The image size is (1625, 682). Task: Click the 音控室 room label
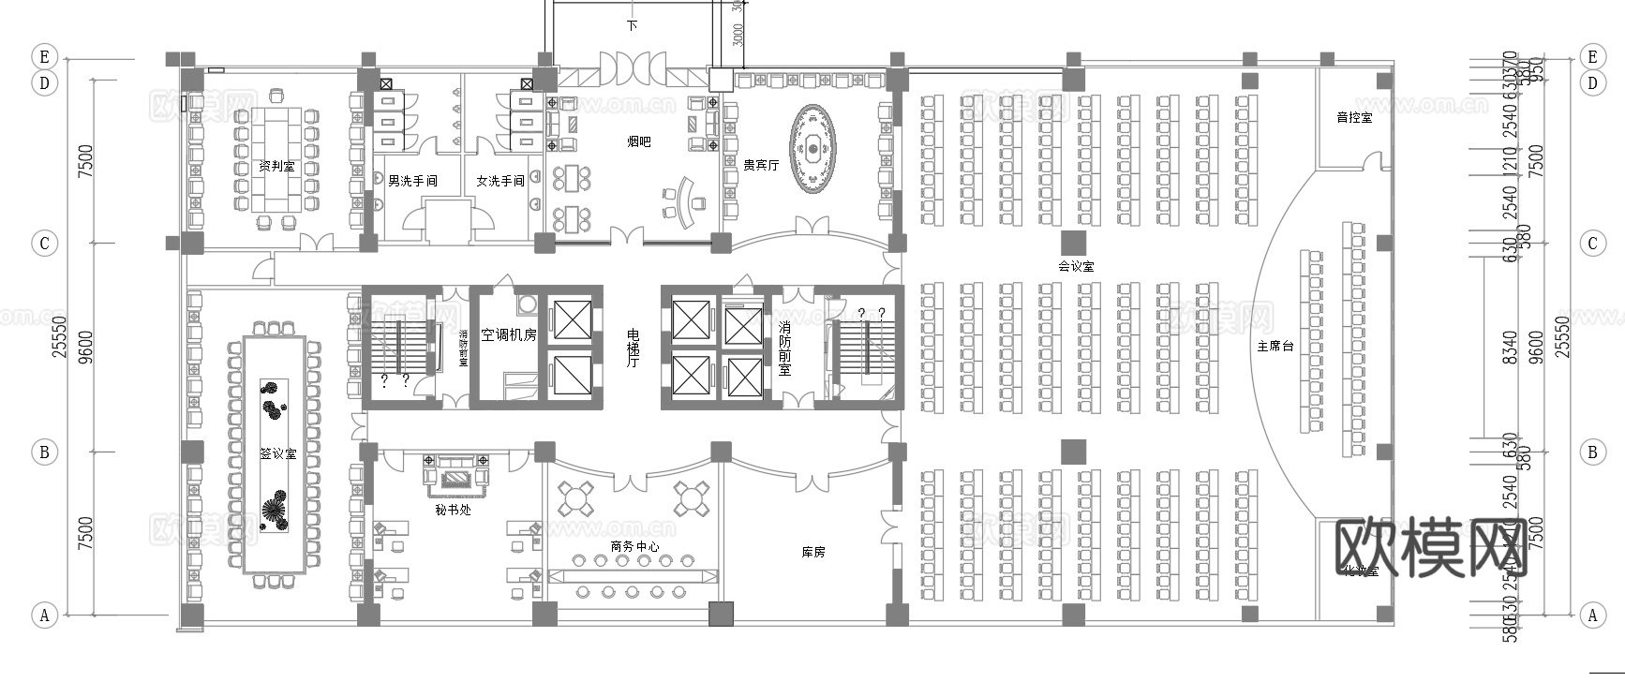tap(1353, 118)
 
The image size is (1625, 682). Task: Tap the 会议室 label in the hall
tap(1075, 266)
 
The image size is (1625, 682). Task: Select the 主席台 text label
tap(1275, 346)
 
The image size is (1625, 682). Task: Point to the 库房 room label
tap(812, 552)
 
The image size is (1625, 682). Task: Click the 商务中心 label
tap(634, 546)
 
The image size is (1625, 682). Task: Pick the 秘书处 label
tap(453, 510)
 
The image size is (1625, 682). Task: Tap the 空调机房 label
tap(508, 334)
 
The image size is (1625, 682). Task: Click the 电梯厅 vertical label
tap(633, 348)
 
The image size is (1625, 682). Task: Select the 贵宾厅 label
tap(760, 165)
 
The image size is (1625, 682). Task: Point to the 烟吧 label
tap(638, 141)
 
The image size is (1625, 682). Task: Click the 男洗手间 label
tap(412, 181)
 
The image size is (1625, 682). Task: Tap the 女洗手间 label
tap(499, 181)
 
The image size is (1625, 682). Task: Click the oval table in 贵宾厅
tap(812, 148)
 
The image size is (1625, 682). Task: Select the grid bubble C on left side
tap(44, 244)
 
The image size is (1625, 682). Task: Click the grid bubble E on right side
tap(1592, 57)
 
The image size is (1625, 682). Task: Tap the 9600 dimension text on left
tap(85, 345)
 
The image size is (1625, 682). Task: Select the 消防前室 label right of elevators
tap(784, 348)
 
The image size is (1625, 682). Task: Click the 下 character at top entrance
tap(632, 25)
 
